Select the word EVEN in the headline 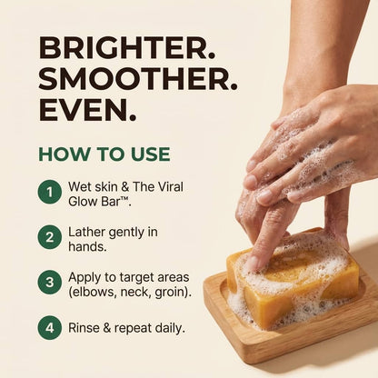(x=85, y=109)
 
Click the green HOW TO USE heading (x=104, y=154)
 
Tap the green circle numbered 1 (x=50, y=192)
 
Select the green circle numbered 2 (x=50, y=237)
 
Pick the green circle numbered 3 (x=50, y=283)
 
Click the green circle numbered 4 (x=50, y=328)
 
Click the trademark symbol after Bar (x=125, y=198)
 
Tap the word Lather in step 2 (x=87, y=233)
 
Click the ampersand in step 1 (x=125, y=187)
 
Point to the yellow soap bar (x=293, y=280)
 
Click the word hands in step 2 (x=86, y=247)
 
